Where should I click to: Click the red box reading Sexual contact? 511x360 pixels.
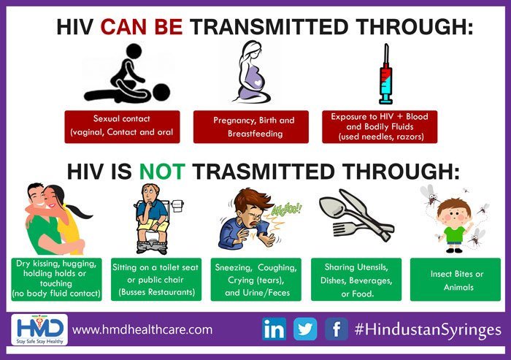[x=122, y=126]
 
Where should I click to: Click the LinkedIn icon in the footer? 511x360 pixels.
[x=274, y=329]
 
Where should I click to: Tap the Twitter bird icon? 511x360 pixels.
[x=304, y=329]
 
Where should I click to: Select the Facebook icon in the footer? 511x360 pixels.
[x=336, y=329]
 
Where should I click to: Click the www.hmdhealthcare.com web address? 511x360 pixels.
[x=142, y=329]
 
